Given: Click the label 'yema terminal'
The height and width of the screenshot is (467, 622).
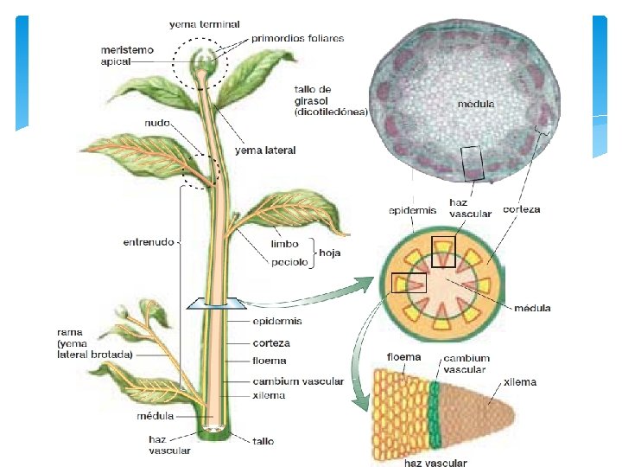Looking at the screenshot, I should (x=205, y=23).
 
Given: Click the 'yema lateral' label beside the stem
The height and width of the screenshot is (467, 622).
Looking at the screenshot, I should (x=266, y=150).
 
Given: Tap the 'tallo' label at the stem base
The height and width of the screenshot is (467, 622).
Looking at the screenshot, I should (x=263, y=441).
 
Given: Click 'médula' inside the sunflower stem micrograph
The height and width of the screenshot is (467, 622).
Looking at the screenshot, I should (x=476, y=104).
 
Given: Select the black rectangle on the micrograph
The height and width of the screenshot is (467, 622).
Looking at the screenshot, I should (x=473, y=163).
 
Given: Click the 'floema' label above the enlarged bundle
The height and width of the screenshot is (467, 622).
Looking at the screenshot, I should (x=403, y=356).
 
